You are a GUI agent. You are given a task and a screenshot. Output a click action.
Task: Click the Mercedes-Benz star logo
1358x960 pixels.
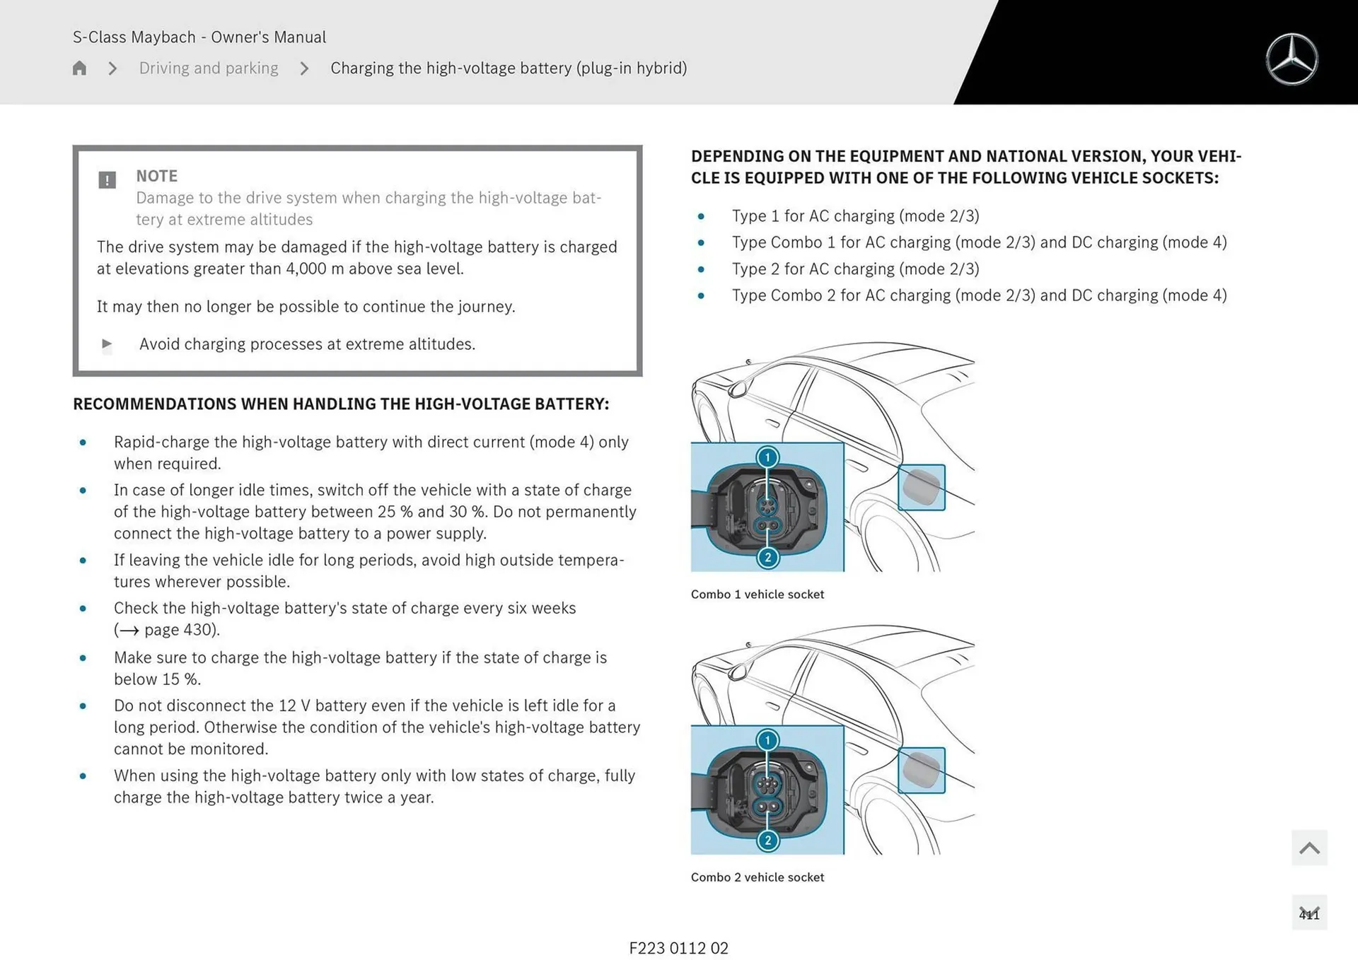(1292, 59)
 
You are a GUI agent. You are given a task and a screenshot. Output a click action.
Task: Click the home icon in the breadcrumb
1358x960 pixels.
(79, 68)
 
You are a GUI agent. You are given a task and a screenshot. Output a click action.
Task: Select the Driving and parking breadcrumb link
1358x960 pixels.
(209, 68)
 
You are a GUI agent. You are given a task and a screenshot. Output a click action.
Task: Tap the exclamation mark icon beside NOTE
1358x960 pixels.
(107, 180)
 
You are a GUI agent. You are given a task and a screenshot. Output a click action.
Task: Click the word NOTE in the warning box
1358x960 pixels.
(156, 175)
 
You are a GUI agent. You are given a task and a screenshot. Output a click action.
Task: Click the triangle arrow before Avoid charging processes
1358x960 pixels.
(107, 344)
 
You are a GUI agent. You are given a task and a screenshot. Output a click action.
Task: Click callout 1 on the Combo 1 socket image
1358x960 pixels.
(767, 457)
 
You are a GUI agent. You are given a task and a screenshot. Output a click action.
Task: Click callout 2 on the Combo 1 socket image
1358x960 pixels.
(767, 558)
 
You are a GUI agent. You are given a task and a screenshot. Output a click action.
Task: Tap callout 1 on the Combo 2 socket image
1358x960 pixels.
(767, 740)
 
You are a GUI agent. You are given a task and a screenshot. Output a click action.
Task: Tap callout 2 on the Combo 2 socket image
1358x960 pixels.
(767, 841)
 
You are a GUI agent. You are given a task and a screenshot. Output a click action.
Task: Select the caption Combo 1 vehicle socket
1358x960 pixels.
(757, 595)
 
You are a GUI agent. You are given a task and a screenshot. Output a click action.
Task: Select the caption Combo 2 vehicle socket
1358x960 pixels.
(757, 877)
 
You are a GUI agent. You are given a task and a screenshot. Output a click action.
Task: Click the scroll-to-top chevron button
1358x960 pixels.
(1308, 848)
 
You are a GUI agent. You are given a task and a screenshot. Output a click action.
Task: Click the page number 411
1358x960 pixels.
(1308, 914)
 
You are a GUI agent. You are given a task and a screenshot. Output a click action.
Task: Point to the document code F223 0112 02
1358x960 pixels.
(678, 948)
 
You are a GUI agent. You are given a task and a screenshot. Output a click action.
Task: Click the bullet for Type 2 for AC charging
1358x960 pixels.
(701, 269)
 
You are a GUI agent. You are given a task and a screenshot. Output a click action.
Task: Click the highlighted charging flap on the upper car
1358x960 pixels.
(921, 487)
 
